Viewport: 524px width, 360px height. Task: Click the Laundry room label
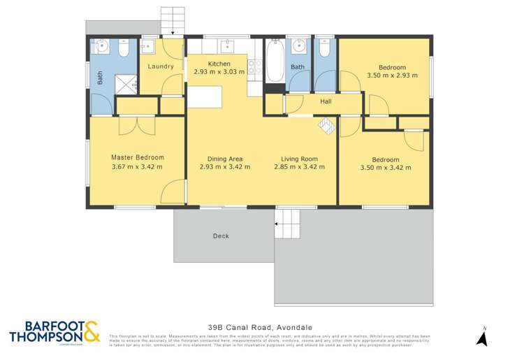(161, 67)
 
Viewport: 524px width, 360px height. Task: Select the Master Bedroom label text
(138, 157)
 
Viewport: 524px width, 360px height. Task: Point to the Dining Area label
(220, 159)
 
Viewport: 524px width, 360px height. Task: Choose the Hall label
(326, 101)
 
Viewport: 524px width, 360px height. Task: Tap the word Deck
(221, 236)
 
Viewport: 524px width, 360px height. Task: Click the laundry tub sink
(147, 46)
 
